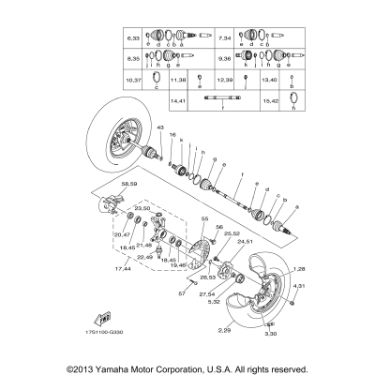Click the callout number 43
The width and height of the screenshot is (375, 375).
click(x=160, y=127)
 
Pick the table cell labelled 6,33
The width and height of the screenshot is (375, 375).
click(x=133, y=38)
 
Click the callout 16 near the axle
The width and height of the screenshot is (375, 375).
click(x=173, y=135)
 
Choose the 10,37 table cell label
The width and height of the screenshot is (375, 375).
click(x=133, y=81)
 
